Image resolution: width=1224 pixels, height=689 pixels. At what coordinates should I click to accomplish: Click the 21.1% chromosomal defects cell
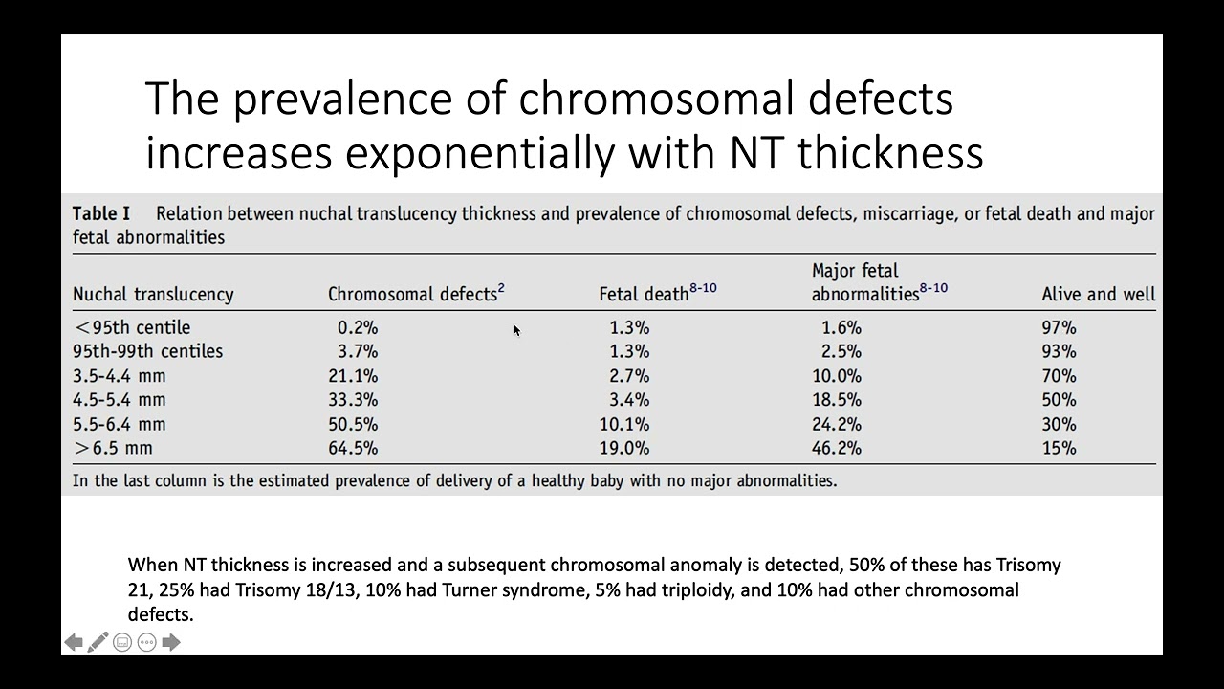pos(353,376)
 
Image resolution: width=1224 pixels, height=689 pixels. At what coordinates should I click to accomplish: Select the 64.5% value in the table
pos(353,448)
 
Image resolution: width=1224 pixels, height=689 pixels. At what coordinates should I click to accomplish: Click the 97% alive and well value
pos(1059,327)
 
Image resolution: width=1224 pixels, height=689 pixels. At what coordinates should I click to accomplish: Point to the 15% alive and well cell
pos(1059,448)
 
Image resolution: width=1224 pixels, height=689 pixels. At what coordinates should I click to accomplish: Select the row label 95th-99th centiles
pos(147,351)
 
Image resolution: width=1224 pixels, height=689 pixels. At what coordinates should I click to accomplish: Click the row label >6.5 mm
pos(113,448)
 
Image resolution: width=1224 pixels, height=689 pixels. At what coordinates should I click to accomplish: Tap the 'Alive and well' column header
pos(1098,294)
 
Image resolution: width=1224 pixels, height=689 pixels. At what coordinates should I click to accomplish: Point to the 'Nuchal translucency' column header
pos(153,294)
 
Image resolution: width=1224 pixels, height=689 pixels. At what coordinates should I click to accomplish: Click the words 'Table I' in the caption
pos(101,213)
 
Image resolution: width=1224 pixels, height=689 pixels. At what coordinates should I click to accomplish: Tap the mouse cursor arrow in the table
pos(516,331)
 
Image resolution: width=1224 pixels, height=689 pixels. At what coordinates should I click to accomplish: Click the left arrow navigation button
pos(74,642)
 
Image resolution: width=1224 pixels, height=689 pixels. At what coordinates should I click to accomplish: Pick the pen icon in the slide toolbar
pos(98,642)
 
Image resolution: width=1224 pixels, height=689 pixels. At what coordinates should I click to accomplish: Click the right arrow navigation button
pos(171,642)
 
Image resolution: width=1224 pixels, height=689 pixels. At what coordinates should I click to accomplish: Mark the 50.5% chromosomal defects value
pos(353,424)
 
